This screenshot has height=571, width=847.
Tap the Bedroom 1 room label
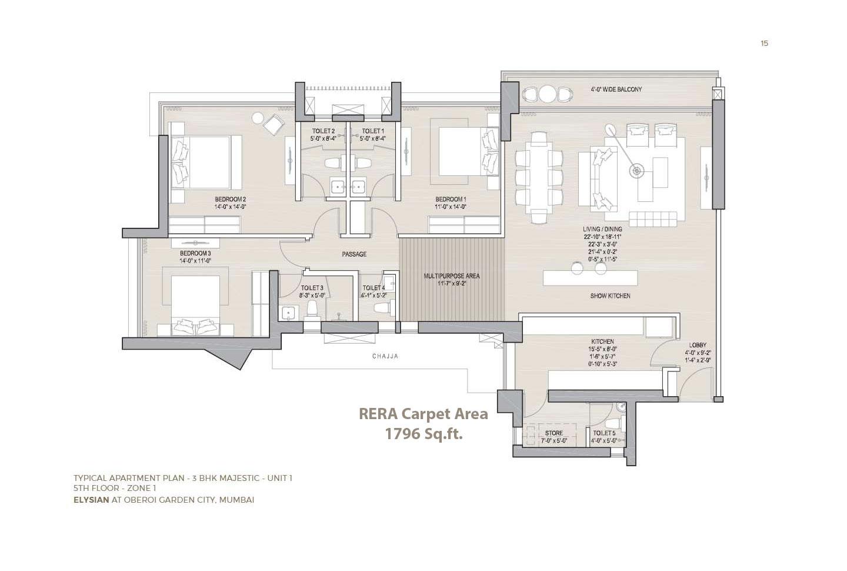451,199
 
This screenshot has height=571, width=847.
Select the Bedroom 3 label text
195,253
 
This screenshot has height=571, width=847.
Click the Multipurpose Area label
452,275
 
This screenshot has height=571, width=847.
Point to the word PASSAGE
354,254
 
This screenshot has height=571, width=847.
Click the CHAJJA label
385,356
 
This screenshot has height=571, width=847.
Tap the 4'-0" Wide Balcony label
616,89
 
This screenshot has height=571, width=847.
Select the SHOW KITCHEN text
610,296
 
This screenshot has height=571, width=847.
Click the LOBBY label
698,345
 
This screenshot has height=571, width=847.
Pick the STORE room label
553,433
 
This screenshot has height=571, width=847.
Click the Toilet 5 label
604,433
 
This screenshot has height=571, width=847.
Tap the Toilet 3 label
312,288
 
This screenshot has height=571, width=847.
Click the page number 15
764,43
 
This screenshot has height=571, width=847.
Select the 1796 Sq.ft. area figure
423,434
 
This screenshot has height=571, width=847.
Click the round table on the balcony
548,94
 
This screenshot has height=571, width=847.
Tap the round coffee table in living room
636,171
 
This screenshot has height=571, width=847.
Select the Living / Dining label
600,229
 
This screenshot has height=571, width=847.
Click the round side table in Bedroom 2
258,118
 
